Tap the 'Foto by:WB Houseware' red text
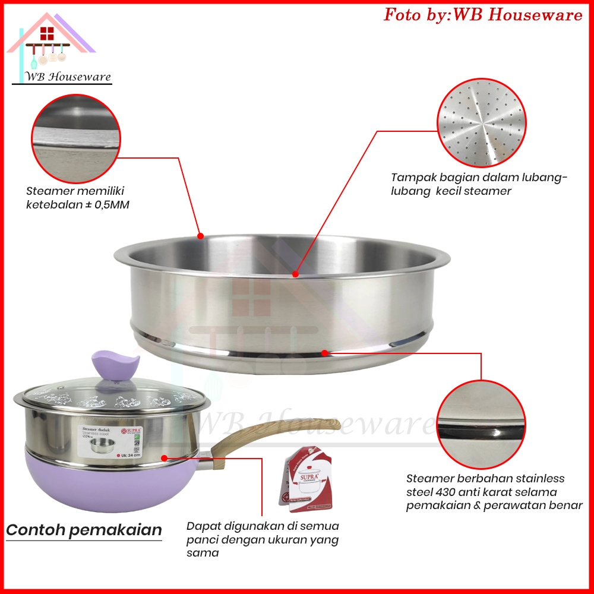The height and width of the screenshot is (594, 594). point(483,15)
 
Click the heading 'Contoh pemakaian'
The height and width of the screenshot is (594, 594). point(84,530)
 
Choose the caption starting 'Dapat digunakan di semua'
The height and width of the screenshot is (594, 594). point(263,539)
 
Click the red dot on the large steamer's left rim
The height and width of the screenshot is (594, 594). point(200,236)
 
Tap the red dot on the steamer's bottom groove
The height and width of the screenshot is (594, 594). point(325,353)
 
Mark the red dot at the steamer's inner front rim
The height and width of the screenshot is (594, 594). point(295,274)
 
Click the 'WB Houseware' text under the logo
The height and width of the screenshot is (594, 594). point(69,77)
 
